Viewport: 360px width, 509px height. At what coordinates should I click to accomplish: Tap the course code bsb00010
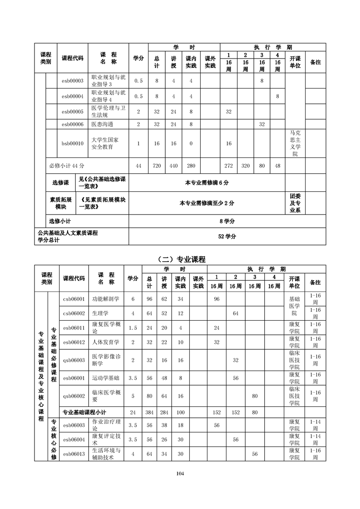click(x=73, y=143)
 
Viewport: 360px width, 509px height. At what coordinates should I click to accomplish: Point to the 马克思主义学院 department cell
click(x=295, y=143)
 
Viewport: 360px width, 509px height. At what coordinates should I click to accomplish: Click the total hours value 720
click(x=157, y=166)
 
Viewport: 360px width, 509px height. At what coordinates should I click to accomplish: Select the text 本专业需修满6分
click(x=207, y=182)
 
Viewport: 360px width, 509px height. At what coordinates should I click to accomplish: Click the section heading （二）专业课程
click(x=180, y=259)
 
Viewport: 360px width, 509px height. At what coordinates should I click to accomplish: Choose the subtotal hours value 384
click(x=149, y=412)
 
